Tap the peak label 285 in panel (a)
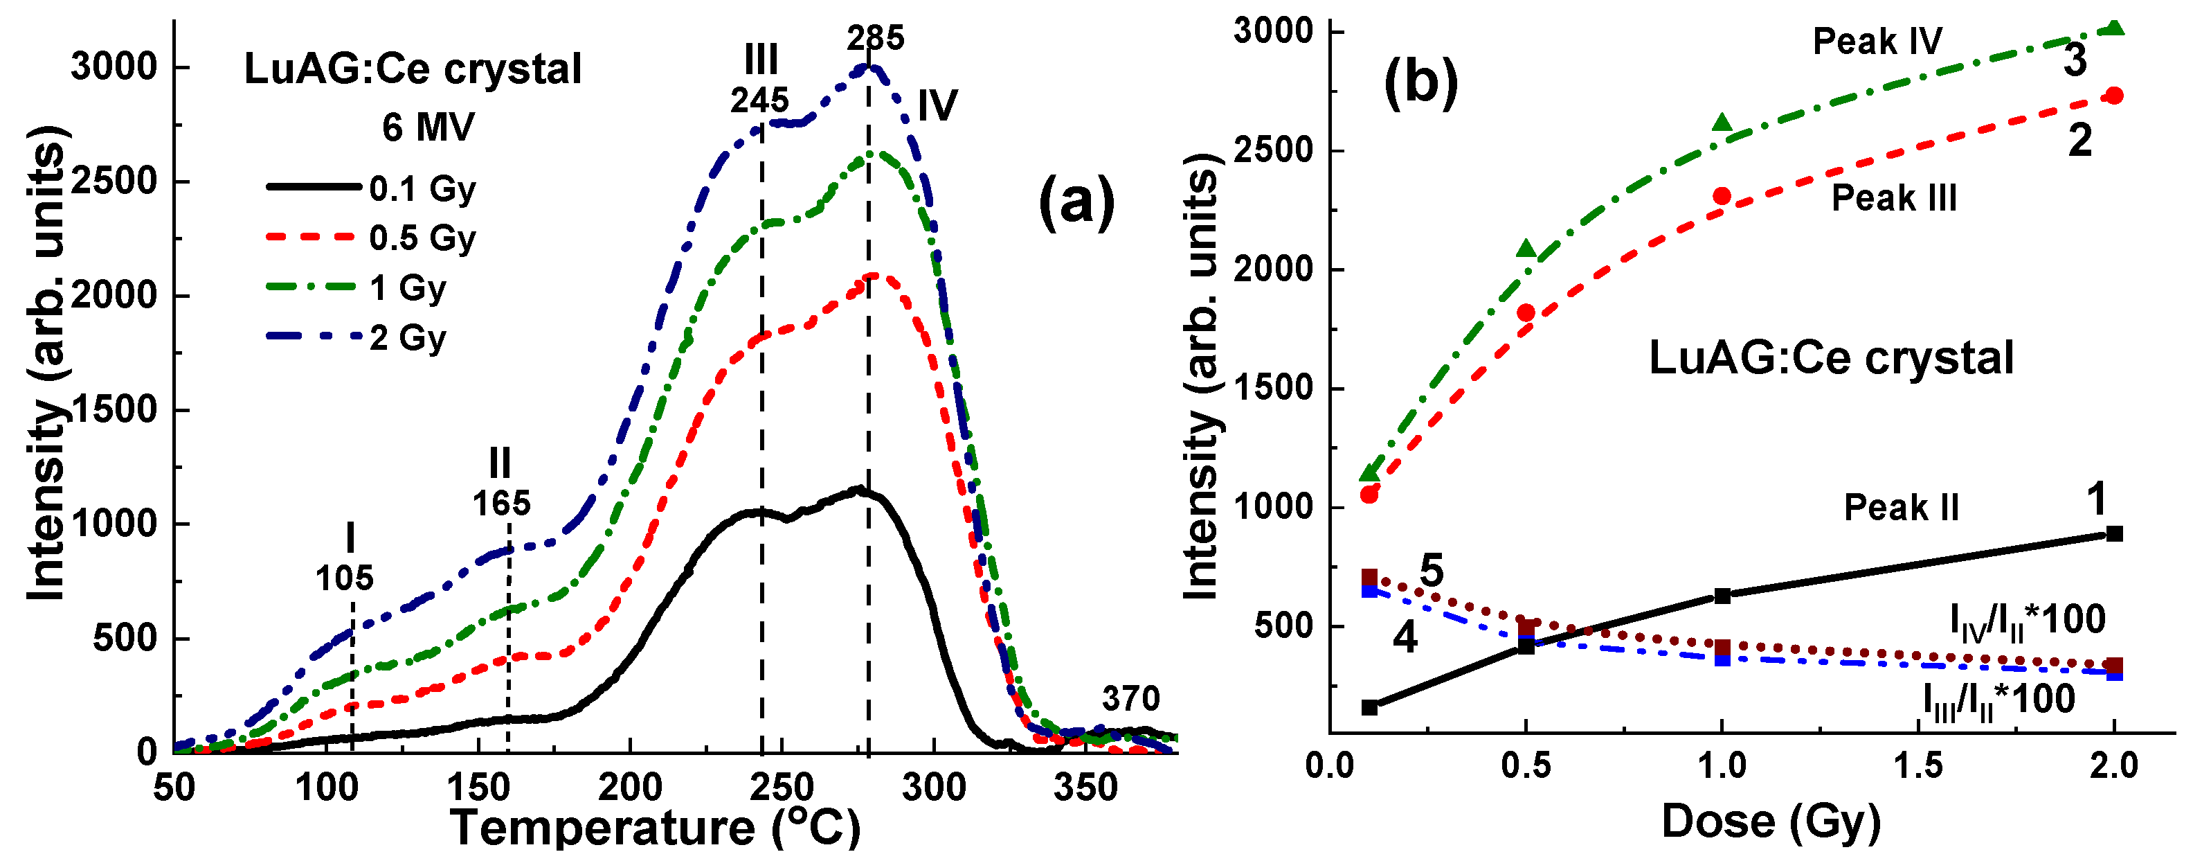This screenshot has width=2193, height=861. (875, 38)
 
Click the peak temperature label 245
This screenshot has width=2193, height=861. (759, 100)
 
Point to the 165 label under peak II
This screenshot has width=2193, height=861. (501, 504)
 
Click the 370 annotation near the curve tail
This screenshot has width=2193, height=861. (1130, 699)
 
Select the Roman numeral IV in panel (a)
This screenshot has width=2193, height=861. (937, 107)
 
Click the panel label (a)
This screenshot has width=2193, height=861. (1076, 203)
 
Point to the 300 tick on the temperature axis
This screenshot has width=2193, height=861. (934, 788)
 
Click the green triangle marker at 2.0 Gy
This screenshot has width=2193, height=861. (2114, 29)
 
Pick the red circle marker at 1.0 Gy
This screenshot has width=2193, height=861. (1722, 197)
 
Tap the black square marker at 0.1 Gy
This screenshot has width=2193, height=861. (1370, 707)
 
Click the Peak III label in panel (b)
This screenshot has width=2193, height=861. (1894, 198)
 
